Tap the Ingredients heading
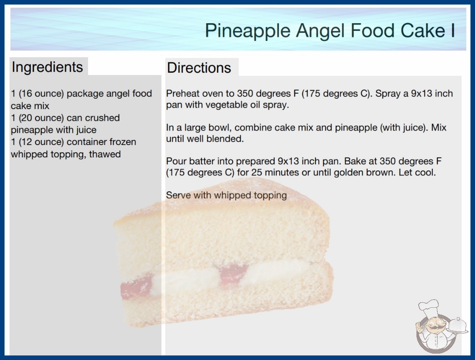[x=47, y=67]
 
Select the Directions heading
[x=199, y=68]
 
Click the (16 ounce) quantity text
[x=41, y=94]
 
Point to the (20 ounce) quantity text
[x=41, y=118]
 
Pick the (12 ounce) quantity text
[x=41, y=142]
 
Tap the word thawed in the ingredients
[x=105, y=154]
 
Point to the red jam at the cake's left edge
[x=136, y=287]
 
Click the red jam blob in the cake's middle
[x=233, y=273]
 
